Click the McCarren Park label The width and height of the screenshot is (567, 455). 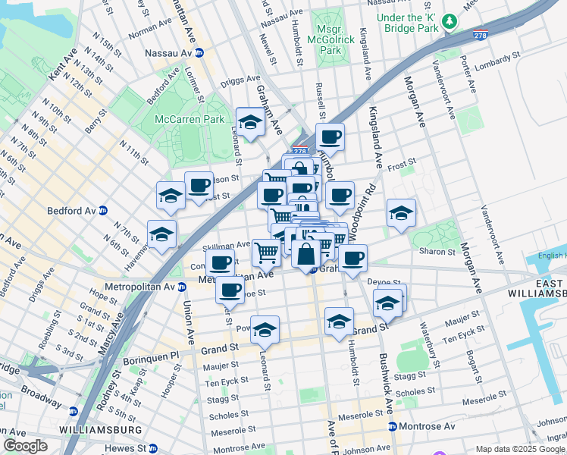click(x=190, y=119)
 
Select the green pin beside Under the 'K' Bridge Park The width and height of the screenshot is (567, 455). click(x=450, y=20)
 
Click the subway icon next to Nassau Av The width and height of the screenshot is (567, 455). click(x=199, y=53)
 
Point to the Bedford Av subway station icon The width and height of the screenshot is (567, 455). click(x=103, y=210)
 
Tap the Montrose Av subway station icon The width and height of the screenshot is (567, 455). click(x=392, y=428)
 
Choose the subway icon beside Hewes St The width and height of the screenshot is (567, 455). click(x=152, y=449)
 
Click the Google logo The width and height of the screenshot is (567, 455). click(x=26, y=446)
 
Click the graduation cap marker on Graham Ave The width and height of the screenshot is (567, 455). click(x=249, y=121)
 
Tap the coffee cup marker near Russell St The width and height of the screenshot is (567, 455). click(x=330, y=137)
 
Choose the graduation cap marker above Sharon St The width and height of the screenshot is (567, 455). click(x=400, y=212)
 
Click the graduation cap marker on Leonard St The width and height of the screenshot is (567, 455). click(x=265, y=329)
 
